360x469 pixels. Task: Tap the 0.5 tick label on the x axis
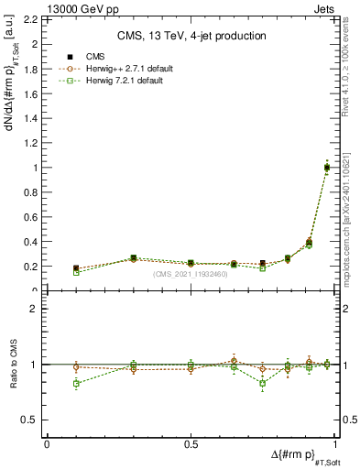click(x=191, y=444)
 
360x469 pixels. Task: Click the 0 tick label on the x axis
click(x=47, y=444)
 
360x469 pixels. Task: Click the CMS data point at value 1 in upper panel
click(x=326, y=168)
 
